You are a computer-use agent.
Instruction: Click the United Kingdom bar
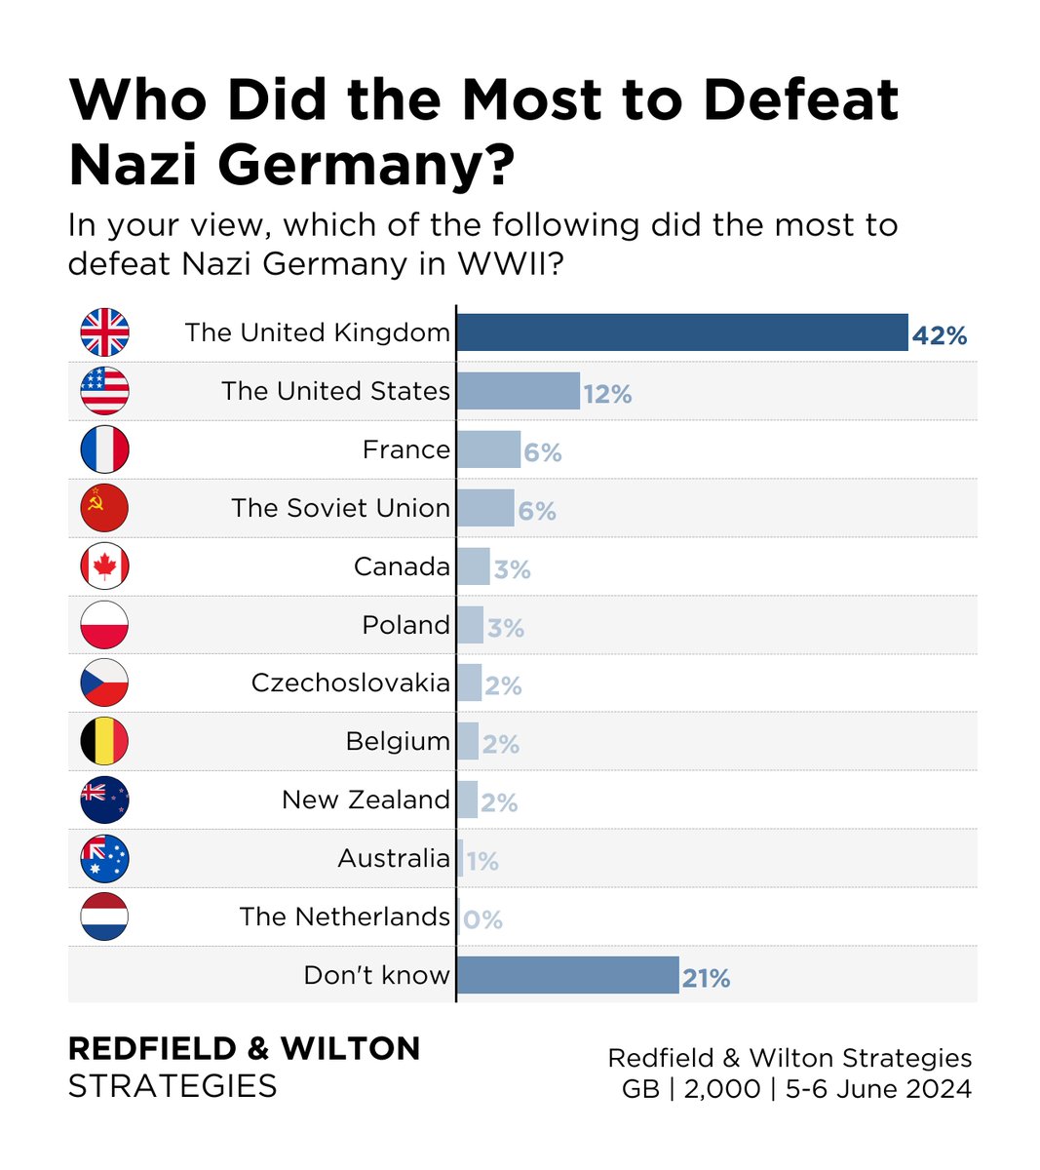pos(682,332)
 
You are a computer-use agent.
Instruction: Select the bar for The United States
pos(518,391)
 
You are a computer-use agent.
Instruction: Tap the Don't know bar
pos(567,975)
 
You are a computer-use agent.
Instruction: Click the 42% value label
pos(940,336)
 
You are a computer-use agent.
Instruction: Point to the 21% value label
pos(706,978)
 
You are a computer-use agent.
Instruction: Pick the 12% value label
pos(607,394)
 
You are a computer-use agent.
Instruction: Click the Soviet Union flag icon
pos(104,507)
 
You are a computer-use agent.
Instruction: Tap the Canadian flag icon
pos(104,565)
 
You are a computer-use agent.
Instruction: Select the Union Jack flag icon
pos(104,332)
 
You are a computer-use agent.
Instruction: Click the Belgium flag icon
pos(104,741)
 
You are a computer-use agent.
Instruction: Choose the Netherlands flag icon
pos(104,916)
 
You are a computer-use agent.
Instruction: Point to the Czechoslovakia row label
pos(350,682)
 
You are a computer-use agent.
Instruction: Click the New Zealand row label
pos(366,799)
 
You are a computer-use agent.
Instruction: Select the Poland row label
pos(405,624)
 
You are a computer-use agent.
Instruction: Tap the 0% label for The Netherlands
pos(482,919)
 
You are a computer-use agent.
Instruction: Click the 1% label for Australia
pos(481,861)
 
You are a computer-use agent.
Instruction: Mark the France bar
pos(488,449)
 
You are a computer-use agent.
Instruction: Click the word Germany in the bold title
pos(366,164)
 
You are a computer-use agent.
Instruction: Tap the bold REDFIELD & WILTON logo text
pos(244,1049)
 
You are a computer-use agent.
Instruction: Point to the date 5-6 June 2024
pos(878,1088)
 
